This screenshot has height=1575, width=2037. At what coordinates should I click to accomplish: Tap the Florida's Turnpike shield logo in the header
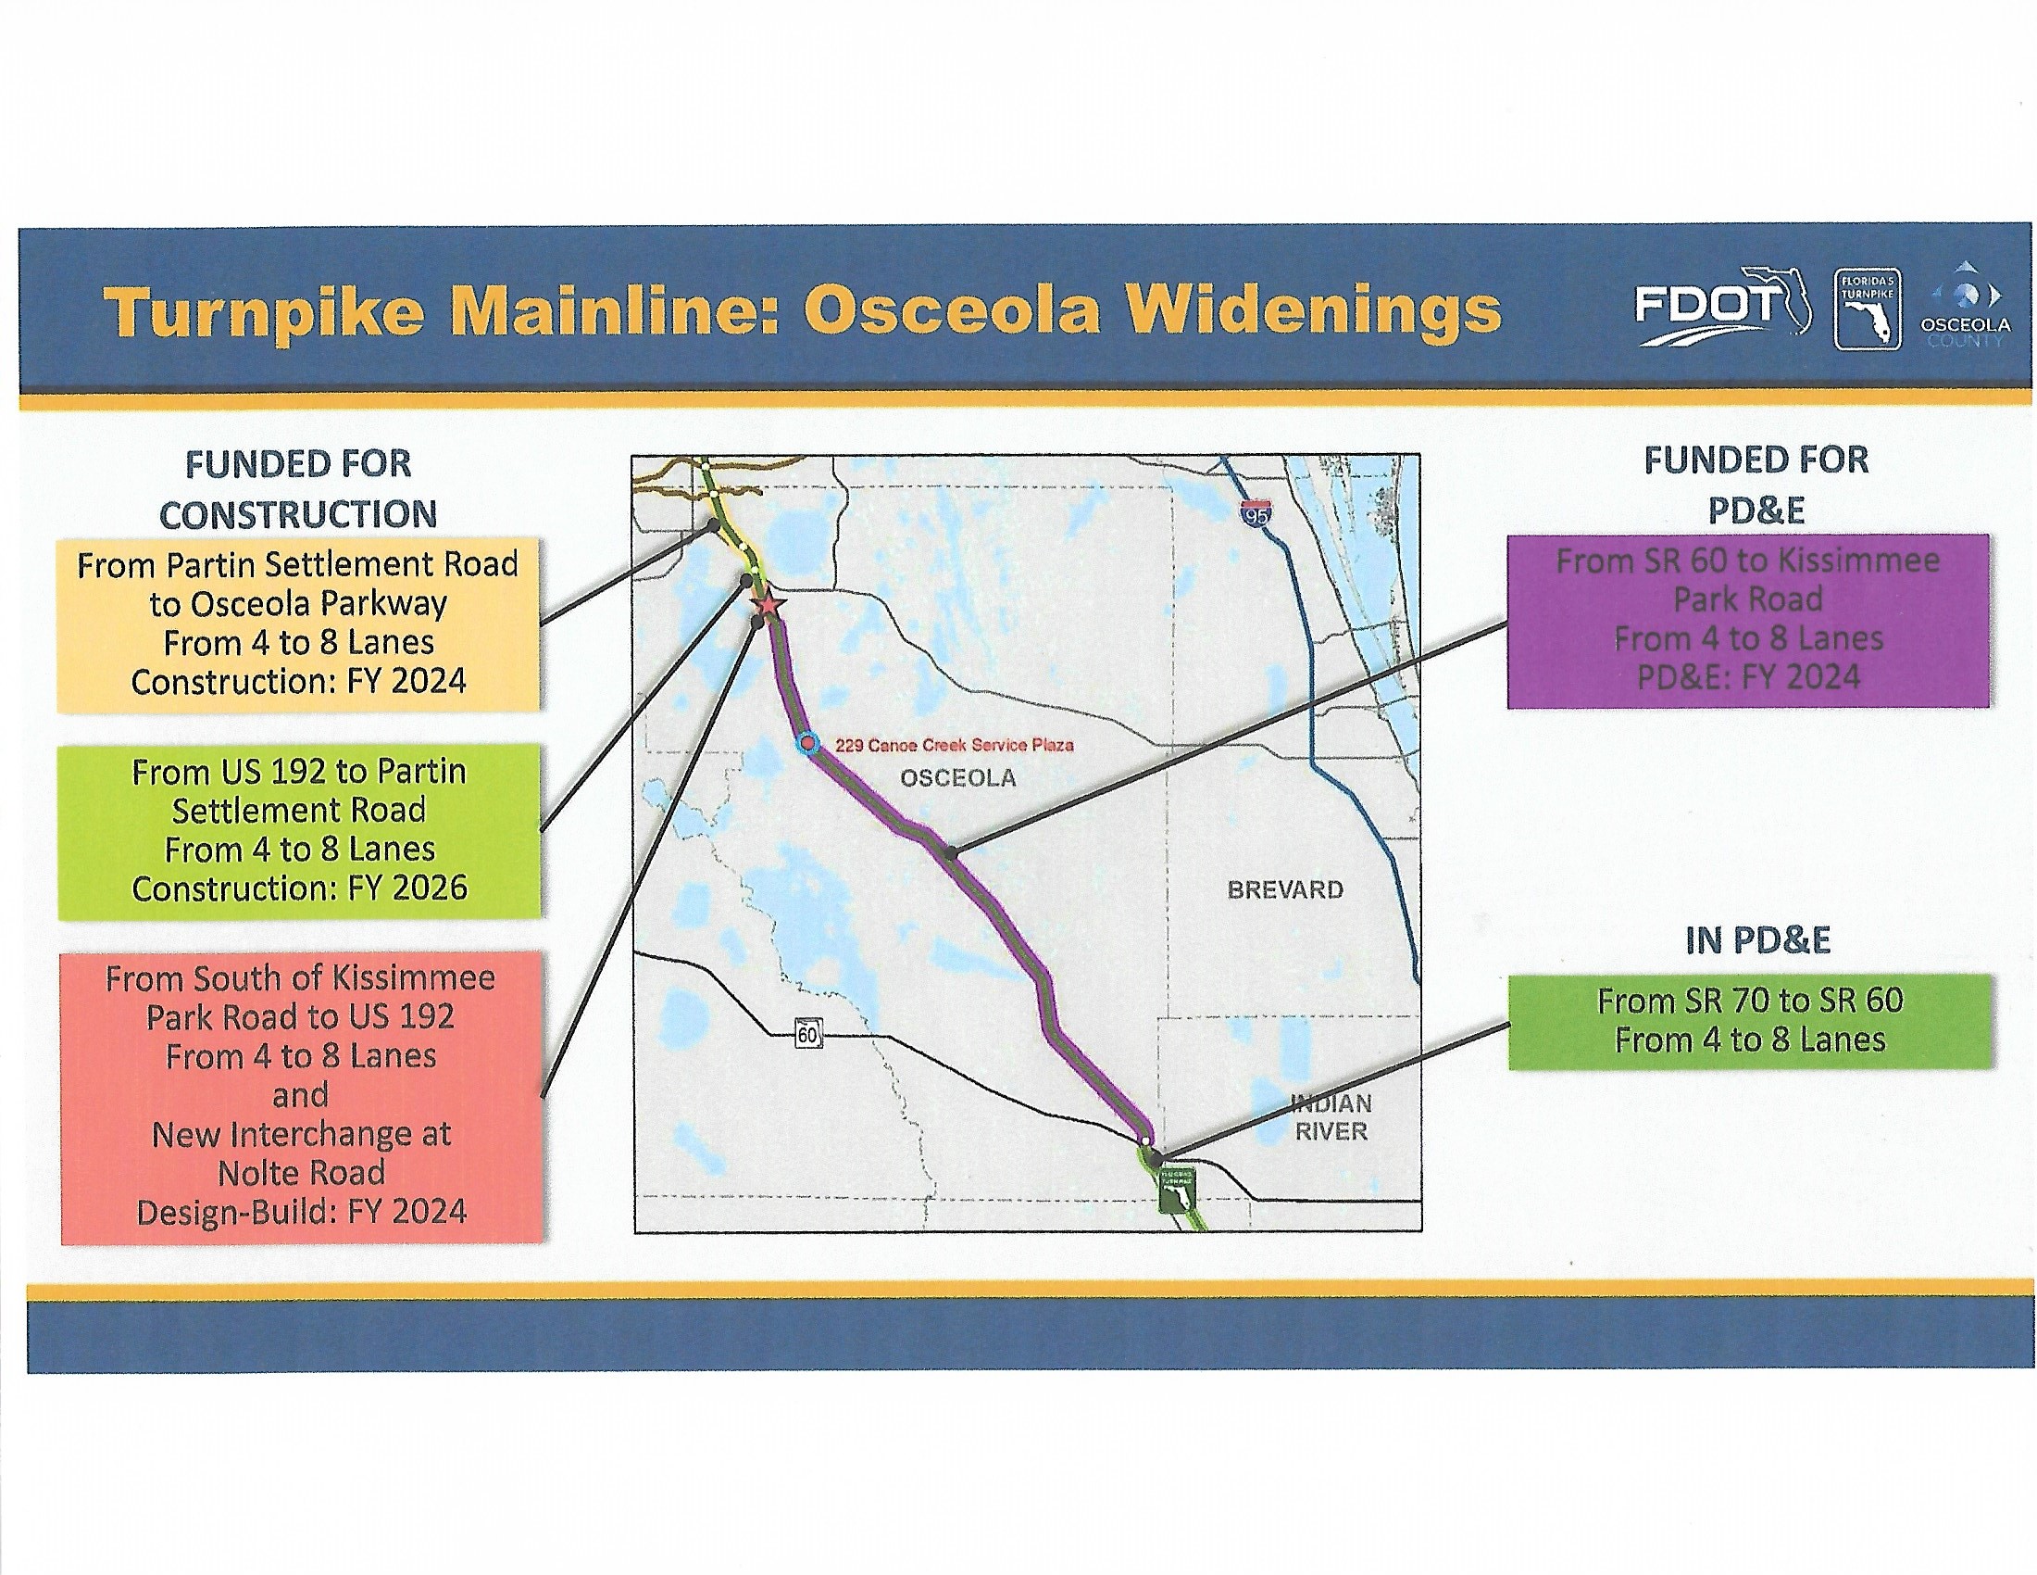pyautogui.click(x=1867, y=309)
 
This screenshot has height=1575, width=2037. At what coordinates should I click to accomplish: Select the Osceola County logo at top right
pyautogui.click(x=1964, y=304)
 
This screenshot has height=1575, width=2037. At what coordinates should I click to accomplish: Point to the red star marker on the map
pyautogui.click(x=768, y=607)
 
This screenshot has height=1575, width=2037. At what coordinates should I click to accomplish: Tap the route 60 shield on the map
pyautogui.click(x=807, y=1034)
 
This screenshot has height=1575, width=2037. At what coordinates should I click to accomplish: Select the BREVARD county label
pyautogui.click(x=1285, y=889)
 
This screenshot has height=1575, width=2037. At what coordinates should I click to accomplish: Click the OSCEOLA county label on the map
pyautogui.click(x=958, y=778)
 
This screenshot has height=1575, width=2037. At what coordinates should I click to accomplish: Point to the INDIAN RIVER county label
pyautogui.click(x=1331, y=1118)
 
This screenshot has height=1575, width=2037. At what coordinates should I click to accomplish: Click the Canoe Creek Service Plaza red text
pyautogui.click(x=954, y=745)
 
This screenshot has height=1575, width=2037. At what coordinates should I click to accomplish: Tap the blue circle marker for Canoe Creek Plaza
pyautogui.click(x=807, y=744)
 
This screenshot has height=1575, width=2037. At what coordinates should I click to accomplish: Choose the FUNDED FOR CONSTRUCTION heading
pyautogui.click(x=298, y=489)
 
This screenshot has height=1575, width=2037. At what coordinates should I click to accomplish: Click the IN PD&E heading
pyautogui.click(x=1758, y=940)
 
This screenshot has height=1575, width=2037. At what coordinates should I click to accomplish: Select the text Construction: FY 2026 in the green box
pyautogui.click(x=299, y=888)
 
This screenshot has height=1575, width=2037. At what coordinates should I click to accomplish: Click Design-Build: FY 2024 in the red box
pyautogui.click(x=301, y=1212)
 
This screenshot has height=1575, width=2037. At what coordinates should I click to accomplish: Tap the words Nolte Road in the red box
pyautogui.click(x=301, y=1173)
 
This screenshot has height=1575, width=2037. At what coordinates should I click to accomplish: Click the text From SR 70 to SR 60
pyautogui.click(x=1750, y=1002)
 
